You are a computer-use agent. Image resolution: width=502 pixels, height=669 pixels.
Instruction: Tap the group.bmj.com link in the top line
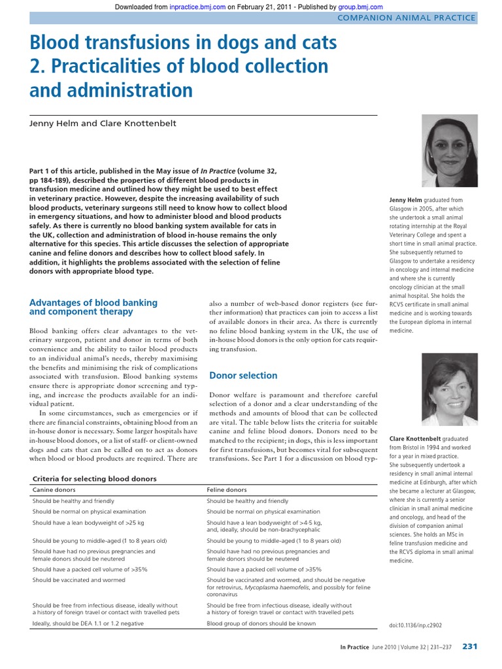(360, 7)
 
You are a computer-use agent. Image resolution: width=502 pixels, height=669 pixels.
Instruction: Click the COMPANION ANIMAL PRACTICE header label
(405, 18)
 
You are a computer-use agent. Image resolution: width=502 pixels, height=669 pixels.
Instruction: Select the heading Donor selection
(243, 376)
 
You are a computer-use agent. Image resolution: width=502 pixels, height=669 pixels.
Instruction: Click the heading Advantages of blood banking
(93, 302)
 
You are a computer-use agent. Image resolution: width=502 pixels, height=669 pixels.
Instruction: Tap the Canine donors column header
(54, 489)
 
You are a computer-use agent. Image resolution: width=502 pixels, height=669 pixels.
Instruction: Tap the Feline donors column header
(227, 489)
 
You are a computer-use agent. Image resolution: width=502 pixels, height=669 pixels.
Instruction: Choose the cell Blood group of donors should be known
(261, 623)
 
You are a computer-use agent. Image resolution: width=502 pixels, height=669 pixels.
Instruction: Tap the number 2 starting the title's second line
(35, 66)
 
